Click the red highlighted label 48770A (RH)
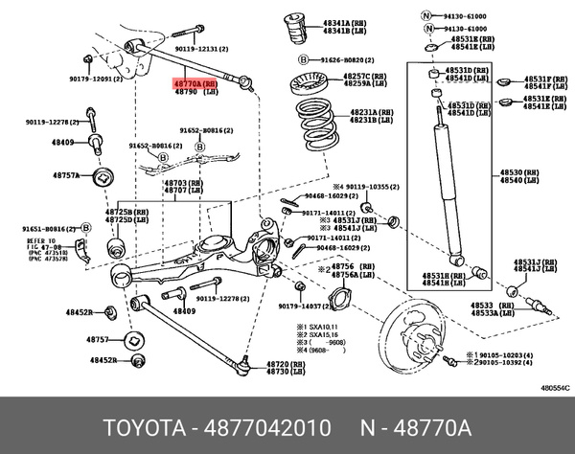195,85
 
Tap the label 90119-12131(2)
203,47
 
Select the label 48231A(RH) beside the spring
371,112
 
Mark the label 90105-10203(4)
504,354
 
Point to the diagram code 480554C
552,388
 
